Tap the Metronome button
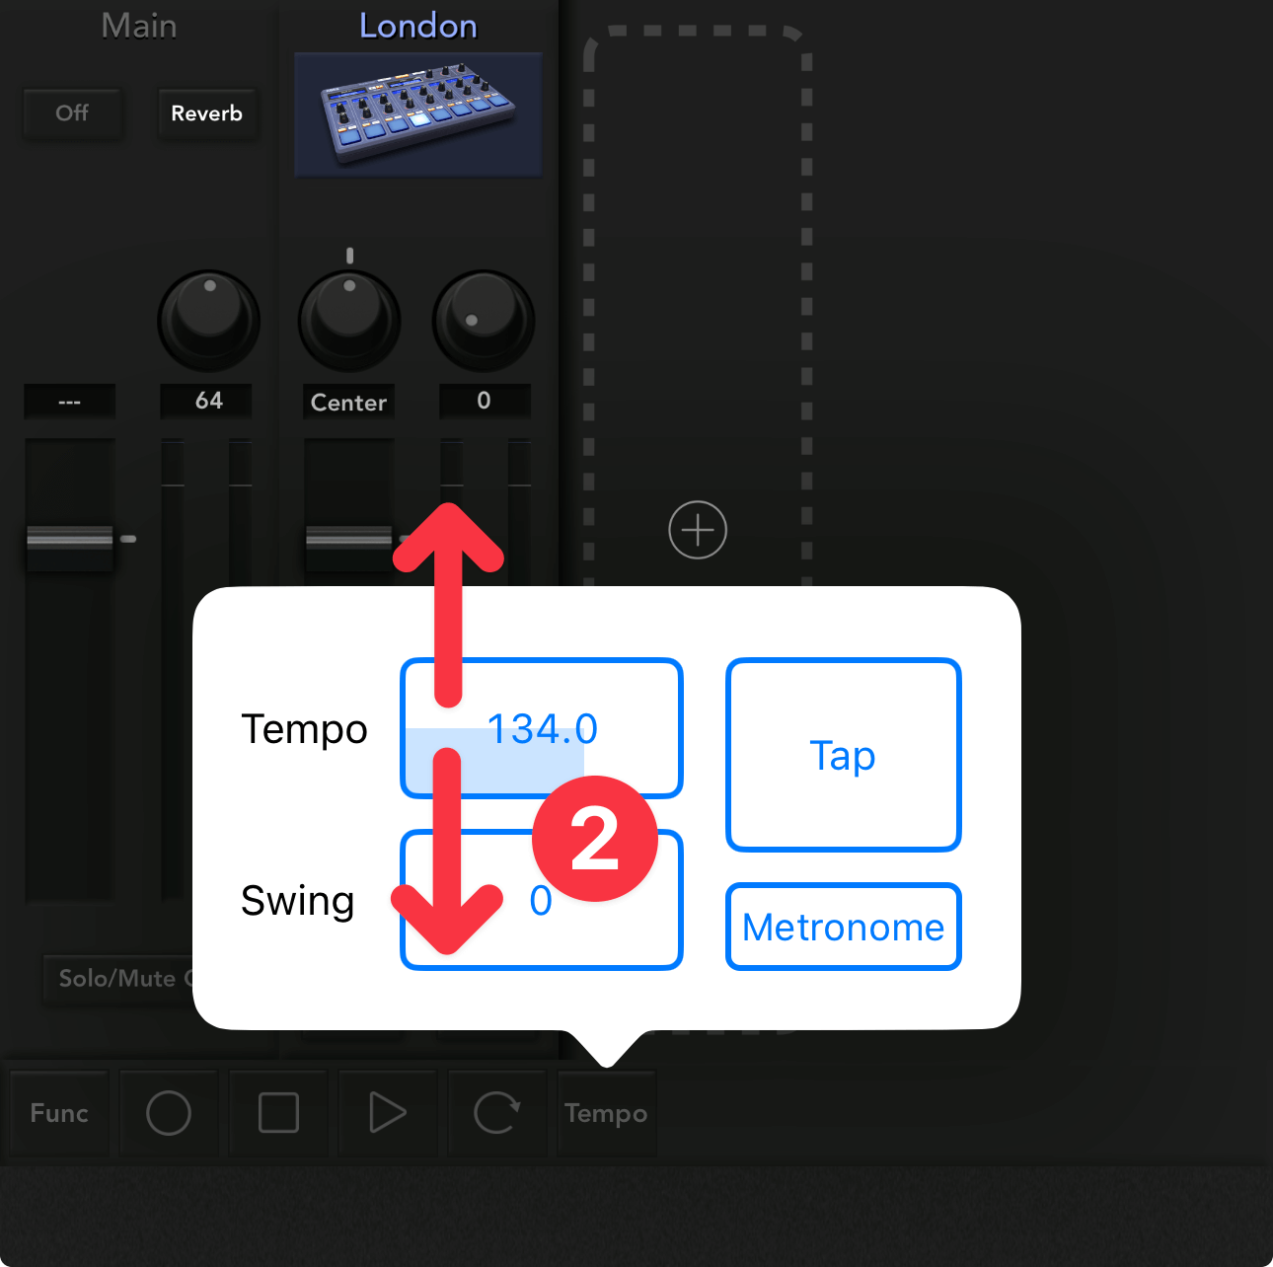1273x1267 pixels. [843, 927]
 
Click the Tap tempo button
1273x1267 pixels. [843, 755]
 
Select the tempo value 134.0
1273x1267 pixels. [542, 728]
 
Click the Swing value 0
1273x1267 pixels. [541, 900]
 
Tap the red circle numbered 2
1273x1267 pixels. [594, 839]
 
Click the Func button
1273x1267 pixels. [59, 1113]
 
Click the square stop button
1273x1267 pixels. [278, 1113]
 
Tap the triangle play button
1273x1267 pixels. [388, 1113]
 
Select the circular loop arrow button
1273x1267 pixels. [497, 1113]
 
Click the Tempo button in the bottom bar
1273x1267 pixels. [607, 1113]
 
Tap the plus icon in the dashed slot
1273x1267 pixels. [698, 530]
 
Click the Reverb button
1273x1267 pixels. [207, 112]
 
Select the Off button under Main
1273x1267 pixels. [72, 112]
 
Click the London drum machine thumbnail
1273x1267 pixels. [418, 114]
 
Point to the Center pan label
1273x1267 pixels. [348, 402]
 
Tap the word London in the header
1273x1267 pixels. [418, 26]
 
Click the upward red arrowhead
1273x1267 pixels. [449, 537]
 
